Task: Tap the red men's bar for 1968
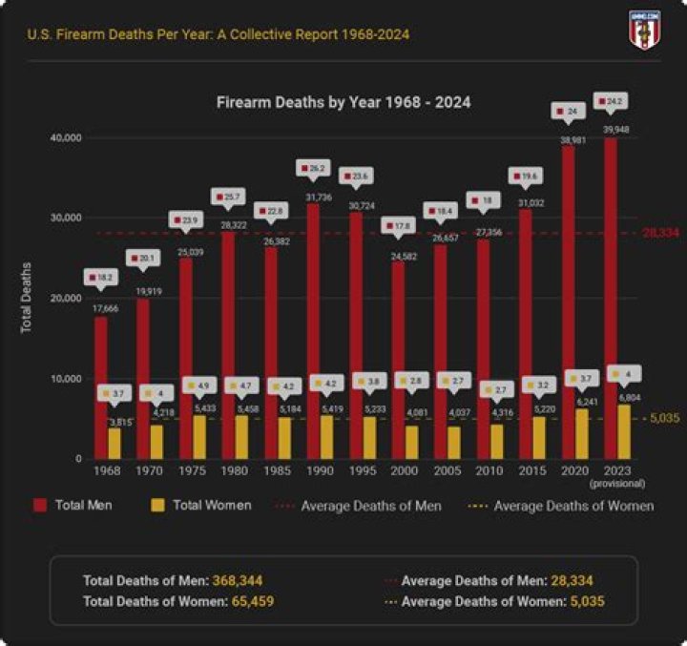[x=100, y=387]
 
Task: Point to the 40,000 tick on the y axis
[x=66, y=138]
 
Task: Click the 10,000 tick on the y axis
[x=66, y=379]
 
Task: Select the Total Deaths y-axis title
[x=28, y=297]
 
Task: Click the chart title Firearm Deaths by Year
[x=343, y=101]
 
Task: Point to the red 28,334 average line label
[x=660, y=232]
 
